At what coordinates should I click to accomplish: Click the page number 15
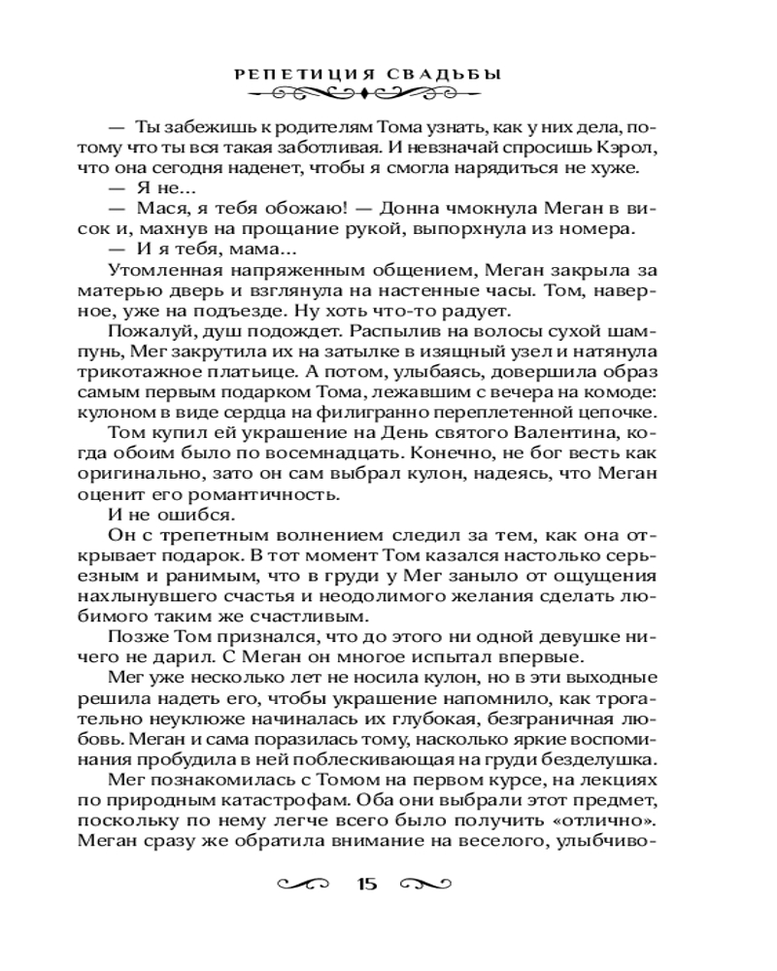pyautogui.click(x=366, y=884)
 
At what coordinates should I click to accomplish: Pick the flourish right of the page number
pyautogui.click(x=426, y=884)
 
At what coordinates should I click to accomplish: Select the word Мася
pyautogui.click(x=160, y=209)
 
